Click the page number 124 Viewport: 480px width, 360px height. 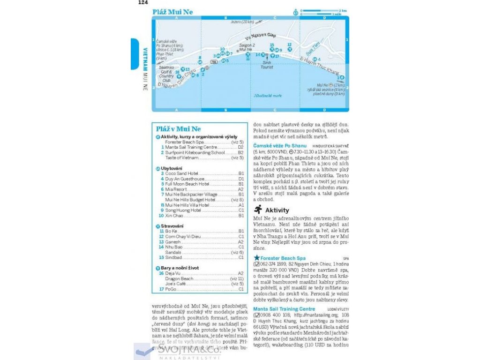(142, 3)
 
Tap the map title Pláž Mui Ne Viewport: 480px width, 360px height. (172, 12)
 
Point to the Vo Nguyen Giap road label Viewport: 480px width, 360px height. (261, 36)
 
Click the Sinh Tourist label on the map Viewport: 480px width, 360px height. (267, 65)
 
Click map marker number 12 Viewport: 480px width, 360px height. (289, 45)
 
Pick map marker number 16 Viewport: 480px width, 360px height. (177, 72)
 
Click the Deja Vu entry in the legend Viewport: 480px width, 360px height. (173, 273)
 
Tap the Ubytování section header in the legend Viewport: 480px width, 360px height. (172, 168)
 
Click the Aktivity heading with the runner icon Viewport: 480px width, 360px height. (277, 210)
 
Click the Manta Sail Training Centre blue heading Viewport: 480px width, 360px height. (284, 309)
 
